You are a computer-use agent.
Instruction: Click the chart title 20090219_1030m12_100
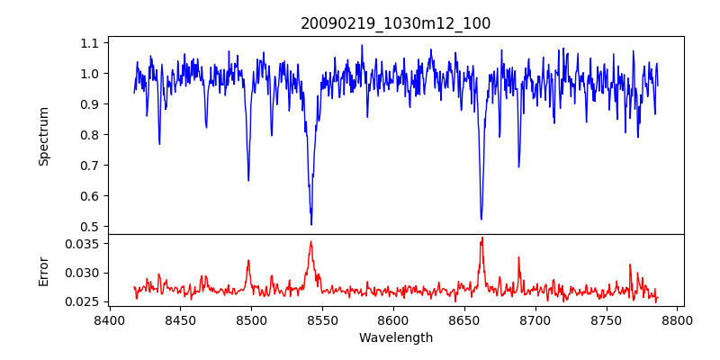click(395, 23)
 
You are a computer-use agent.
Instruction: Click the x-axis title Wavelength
click(395, 338)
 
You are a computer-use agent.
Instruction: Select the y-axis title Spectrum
click(44, 136)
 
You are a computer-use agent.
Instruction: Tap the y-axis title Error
click(44, 271)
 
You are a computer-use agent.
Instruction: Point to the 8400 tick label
click(109, 319)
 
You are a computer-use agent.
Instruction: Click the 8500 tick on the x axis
click(251, 319)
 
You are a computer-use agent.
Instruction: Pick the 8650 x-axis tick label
click(464, 319)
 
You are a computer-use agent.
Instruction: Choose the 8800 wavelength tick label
click(678, 319)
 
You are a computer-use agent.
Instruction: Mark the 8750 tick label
click(607, 319)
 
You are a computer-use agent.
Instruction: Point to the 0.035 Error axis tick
click(85, 243)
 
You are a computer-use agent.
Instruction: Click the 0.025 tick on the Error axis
click(85, 301)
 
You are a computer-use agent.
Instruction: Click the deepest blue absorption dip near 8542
click(311, 224)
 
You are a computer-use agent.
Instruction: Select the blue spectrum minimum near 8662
click(481, 219)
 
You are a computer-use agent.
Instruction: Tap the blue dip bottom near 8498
click(248, 180)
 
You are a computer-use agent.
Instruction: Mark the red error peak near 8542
click(310, 241)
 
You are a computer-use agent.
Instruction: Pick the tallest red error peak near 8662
click(482, 238)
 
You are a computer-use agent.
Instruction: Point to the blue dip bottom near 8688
click(518, 166)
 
